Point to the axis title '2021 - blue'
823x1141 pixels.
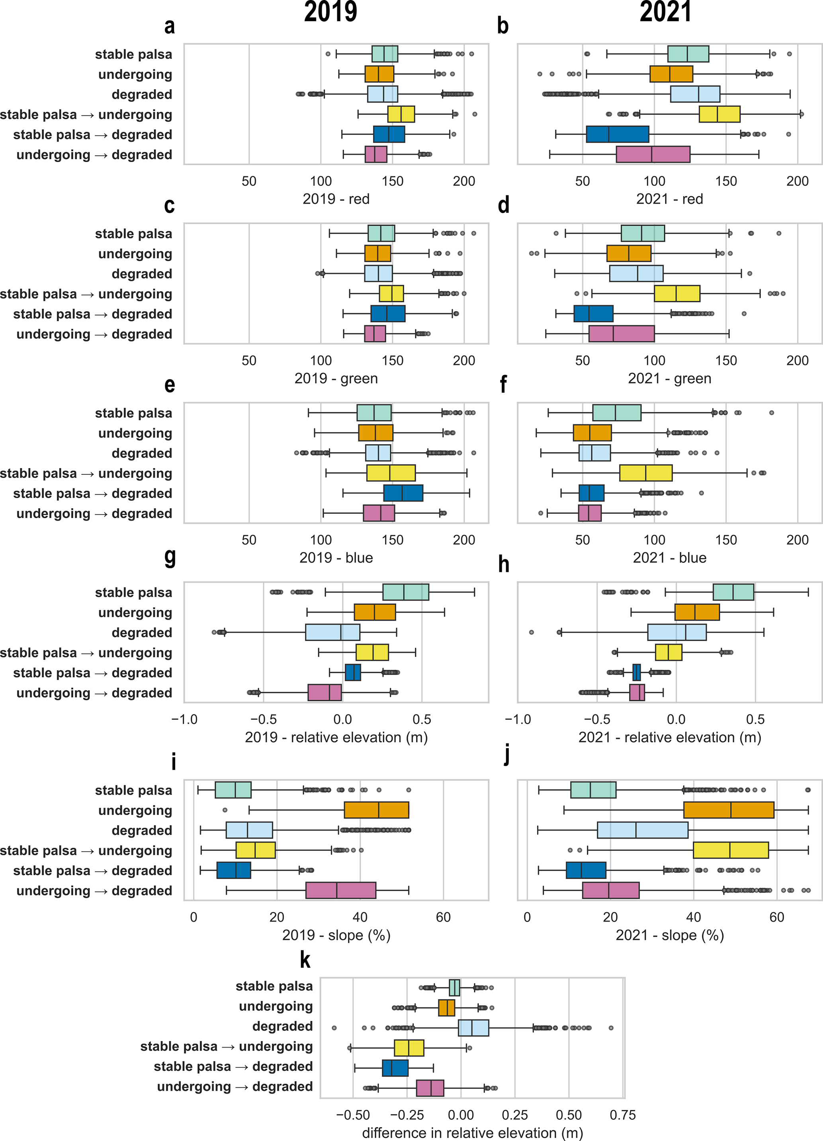click(669, 558)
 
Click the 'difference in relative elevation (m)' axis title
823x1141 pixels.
click(472, 1133)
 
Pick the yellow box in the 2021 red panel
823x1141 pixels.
click(719, 114)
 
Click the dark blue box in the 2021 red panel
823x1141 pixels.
click(618, 135)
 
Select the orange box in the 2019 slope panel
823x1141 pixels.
click(377, 810)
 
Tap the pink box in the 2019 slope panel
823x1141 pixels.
click(341, 890)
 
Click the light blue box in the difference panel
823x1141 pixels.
click(473, 1028)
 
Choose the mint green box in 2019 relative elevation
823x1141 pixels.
click(406, 592)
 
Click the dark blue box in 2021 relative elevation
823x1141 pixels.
click(637, 673)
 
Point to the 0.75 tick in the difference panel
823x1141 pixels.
click(623, 1115)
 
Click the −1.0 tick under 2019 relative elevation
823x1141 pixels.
click(184, 720)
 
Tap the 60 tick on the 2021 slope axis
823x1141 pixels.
click(777, 917)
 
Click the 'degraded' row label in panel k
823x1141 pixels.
click(282, 1026)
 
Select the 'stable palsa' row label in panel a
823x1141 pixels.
click(133, 55)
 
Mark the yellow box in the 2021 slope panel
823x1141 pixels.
click(731, 850)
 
